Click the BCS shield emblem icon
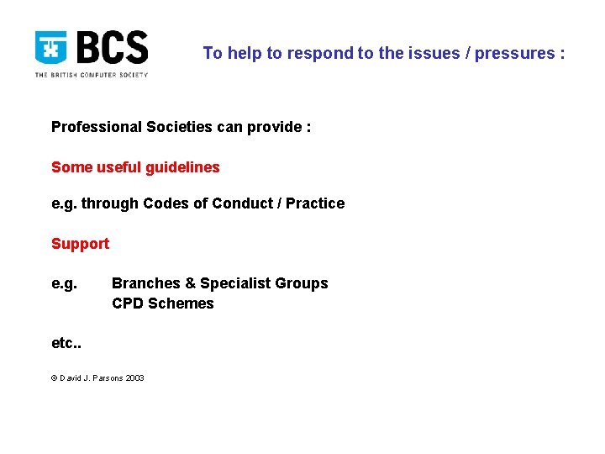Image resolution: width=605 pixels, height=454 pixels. pyautogui.click(x=51, y=48)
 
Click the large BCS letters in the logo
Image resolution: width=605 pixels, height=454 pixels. pyautogui.click(x=112, y=48)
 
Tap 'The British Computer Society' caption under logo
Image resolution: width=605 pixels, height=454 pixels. pyautogui.click(x=91, y=75)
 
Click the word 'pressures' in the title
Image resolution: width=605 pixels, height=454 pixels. pyautogui.click(x=514, y=54)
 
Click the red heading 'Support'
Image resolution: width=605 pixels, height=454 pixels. pyautogui.click(x=80, y=244)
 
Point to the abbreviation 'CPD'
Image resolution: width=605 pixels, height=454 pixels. pyautogui.click(x=128, y=304)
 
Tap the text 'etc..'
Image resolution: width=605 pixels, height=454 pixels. pyautogui.click(x=66, y=344)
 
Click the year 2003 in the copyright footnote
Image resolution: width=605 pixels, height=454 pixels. pyautogui.click(x=134, y=378)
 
